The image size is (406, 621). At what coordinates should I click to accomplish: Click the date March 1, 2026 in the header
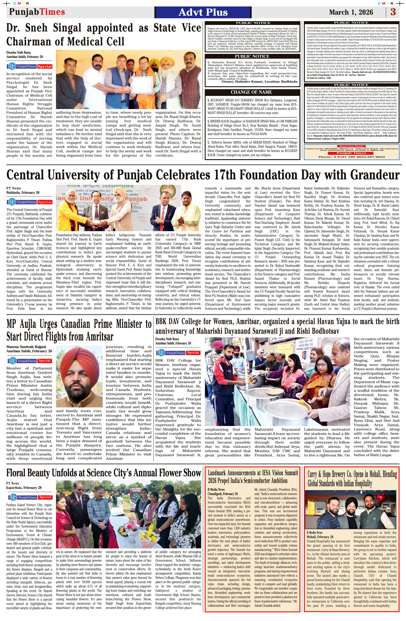pyautogui.click(x=351, y=12)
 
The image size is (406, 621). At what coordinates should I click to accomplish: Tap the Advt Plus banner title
pyautogui.click(x=203, y=12)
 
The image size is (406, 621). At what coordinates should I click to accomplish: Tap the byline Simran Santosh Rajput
pyautogui.click(x=26, y=347)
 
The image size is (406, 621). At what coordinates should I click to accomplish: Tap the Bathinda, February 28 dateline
pyautogui.click(x=23, y=193)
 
